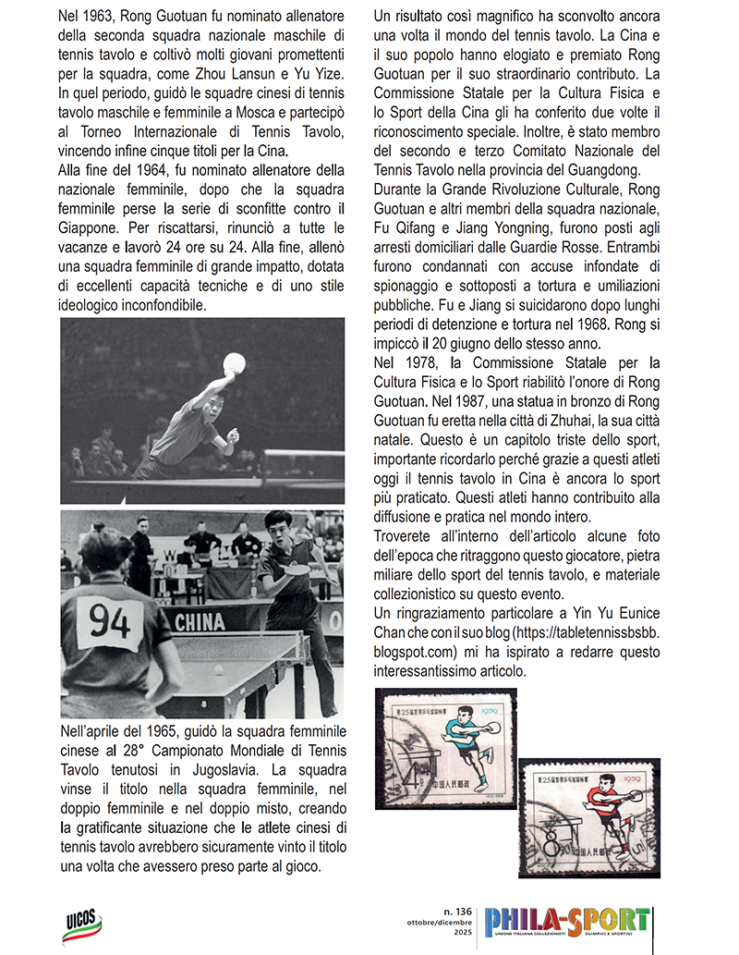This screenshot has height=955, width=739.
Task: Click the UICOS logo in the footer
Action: coord(83,925)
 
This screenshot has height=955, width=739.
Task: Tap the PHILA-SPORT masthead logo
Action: coord(567,925)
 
